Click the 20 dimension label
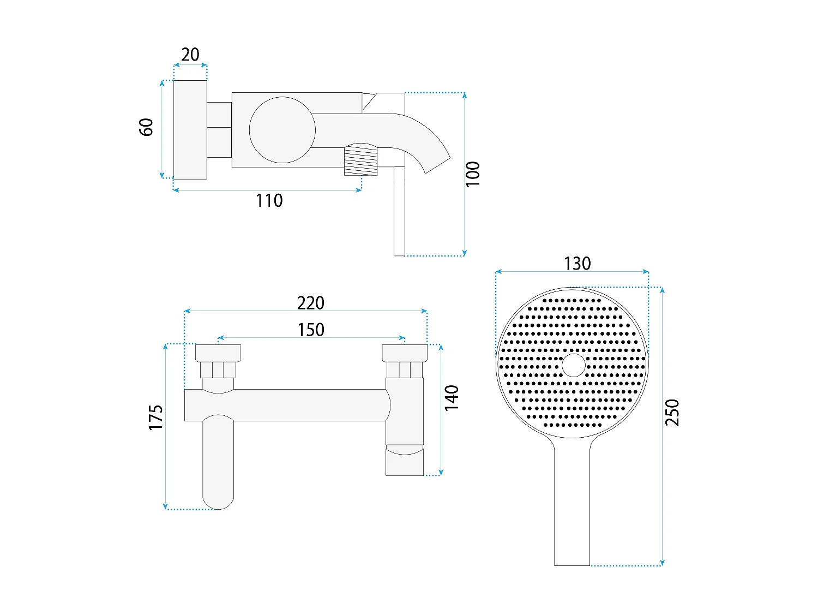pyautogui.click(x=190, y=55)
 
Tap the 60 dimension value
pyautogui.click(x=146, y=127)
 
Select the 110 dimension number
pyautogui.click(x=269, y=200)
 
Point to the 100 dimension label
pyautogui.click(x=473, y=174)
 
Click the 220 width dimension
pyautogui.click(x=311, y=303)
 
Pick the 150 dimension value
pyautogui.click(x=311, y=330)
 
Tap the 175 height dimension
pyautogui.click(x=156, y=418)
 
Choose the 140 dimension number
pyautogui.click(x=452, y=398)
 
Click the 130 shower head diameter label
pyautogui.click(x=578, y=264)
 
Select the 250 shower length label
pyautogui.click(x=672, y=413)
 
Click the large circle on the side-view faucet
pyautogui.click(x=282, y=130)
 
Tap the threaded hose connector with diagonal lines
pyautogui.click(x=360, y=159)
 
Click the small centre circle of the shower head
pyautogui.click(x=574, y=365)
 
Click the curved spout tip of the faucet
pyautogui.click(x=438, y=165)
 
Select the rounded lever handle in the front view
pyautogui.click(x=218, y=462)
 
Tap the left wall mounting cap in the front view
pyautogui.click(x=218, y=353)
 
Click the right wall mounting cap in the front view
pyautogui.click(x=405, y=353)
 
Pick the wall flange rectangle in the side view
pyautogui.click(x=190, y=130)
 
